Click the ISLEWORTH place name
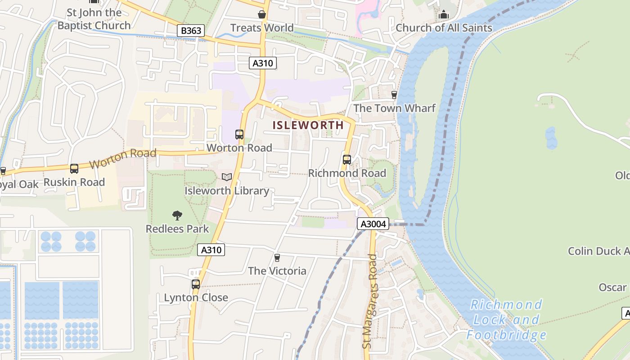click(308, 125)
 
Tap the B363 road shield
click(190, 31)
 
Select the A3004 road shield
click(373, 224)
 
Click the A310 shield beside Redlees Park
click(211, 250)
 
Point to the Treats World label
click(262, 28)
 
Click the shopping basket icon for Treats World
click(262, 15)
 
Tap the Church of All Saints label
click(444, 28)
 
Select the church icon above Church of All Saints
click(444, 15)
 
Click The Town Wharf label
click(394, 108)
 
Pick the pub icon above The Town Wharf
click(394, 95)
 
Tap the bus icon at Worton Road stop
click(239, 135)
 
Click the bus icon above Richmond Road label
click(347, 160)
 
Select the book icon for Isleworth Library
click(227, 177)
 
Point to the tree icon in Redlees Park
click(177, 216)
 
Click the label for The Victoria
click(277, 271)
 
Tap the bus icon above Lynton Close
click(196, 284)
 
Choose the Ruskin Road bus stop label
click(74, 182)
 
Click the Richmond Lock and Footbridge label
click(506, 319)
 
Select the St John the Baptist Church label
click(94, 19)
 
